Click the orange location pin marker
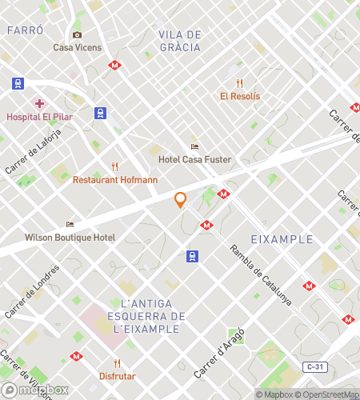(x=181, y=200)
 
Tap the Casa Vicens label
(x=78, y=47)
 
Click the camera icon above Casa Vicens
(x=77, y=34)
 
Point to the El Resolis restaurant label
(x=240, y=96)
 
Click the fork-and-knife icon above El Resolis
(x=239, y=83)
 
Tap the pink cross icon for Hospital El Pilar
(x=38, y=103)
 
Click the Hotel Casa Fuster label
(x=194, y=159)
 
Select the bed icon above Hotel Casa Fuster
(x=194, y=146)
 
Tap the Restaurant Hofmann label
(x=115, y=180)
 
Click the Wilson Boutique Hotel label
(x=70, y=238)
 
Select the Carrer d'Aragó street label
(x=218, y=353)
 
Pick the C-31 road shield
(x=316, y=366)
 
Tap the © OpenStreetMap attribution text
(x=327, y=394)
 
